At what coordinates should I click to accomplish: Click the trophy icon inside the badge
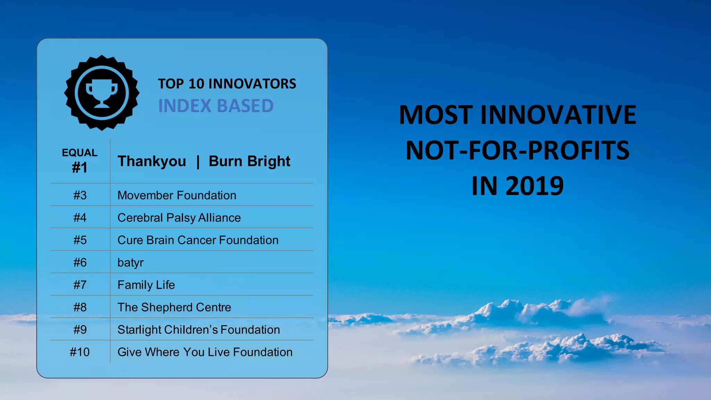101,93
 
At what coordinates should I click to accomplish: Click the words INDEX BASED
216,106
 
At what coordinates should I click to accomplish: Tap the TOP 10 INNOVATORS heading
227,84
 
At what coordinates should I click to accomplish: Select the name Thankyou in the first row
152,161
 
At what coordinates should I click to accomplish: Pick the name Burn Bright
249,161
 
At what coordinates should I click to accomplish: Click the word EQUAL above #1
80,153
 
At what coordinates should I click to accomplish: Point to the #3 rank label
80,195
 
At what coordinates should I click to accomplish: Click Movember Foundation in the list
177,195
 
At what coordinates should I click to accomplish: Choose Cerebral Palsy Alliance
179,218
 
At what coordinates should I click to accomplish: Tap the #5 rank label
80,240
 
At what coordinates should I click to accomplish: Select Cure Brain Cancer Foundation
198,240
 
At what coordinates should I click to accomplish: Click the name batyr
130,262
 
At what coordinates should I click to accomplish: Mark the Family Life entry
146,285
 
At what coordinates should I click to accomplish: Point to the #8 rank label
80,307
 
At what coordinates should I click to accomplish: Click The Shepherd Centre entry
174,307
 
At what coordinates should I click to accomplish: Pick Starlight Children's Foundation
199,330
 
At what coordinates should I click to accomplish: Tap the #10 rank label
80,352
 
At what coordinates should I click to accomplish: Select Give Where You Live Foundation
205,352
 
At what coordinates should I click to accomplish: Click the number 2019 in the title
534,186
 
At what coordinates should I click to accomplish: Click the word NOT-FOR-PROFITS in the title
517,150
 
